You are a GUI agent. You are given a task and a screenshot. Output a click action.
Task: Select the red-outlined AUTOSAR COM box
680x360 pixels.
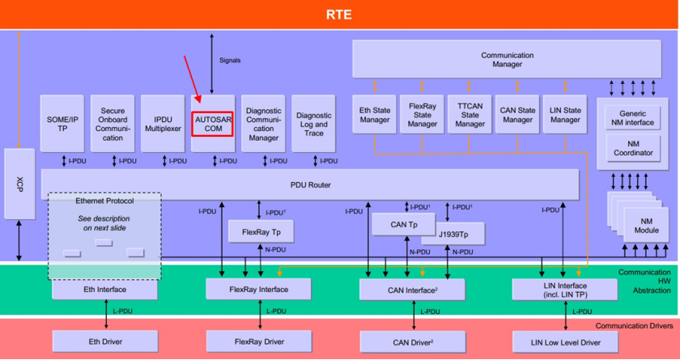pyautogui.click(x=213, y=124)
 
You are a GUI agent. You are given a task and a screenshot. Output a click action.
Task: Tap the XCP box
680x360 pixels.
pyautogui.click(x=19, y=184)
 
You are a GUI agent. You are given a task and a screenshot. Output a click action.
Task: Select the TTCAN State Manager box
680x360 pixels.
pyautogui.click(x=470, y=116)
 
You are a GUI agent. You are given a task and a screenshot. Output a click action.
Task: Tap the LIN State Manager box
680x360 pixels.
pyautogui.click(x=565, y=116)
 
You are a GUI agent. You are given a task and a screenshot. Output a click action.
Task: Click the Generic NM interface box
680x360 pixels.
pyautogui.click(x=632, y=118)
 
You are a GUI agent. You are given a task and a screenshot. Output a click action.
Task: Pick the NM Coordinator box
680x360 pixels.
pyautogui.click(x=632, y=147)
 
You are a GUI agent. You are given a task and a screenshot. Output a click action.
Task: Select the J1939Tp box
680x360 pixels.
pyautogui.click(x=453, y=235)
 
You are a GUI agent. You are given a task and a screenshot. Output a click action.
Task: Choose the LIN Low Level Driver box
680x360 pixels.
pyautogui.click(x=567, y=342)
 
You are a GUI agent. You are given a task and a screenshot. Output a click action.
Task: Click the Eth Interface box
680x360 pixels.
pyautogui.click(x=105, y=289)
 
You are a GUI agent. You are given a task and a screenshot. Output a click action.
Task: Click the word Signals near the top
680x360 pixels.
pyautogui.click(x=230, y=60)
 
